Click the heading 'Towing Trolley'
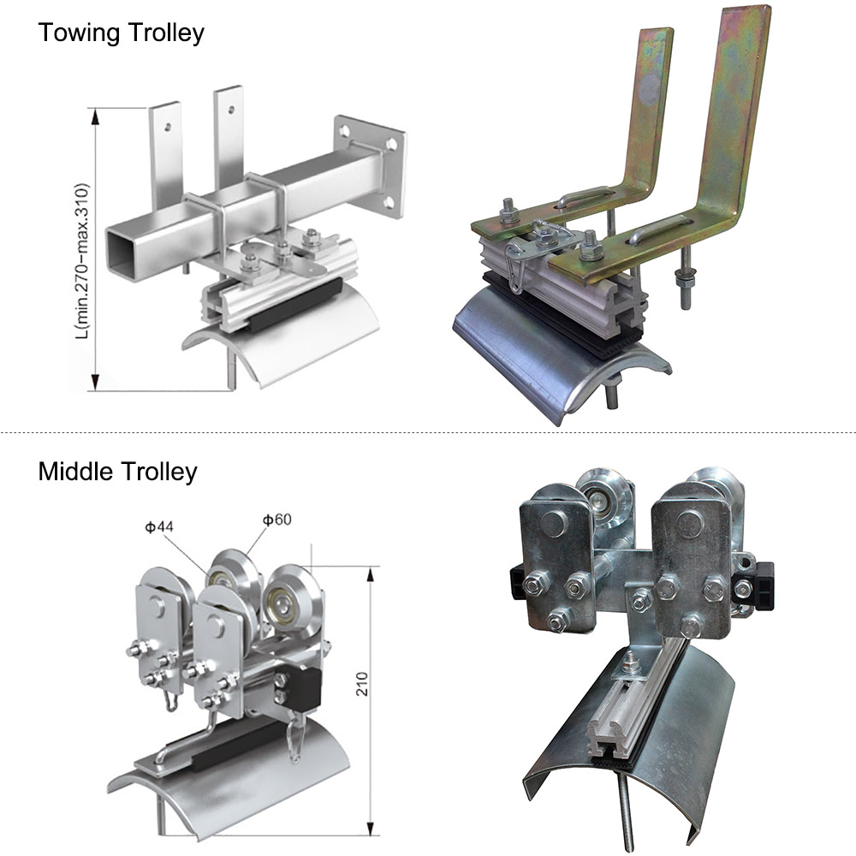click(x=122, y=33)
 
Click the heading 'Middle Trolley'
click(x=117, y=472)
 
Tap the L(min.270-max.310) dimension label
click(x=82, y=261)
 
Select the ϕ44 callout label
click(x=159, y=526)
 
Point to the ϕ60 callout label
click(x=276, y=520)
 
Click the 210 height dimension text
click(x=362, y=683)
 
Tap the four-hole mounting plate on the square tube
click(x=370, y=167)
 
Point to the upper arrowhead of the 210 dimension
click(x=372, y=574)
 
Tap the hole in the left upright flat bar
click(x=168, y=128)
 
